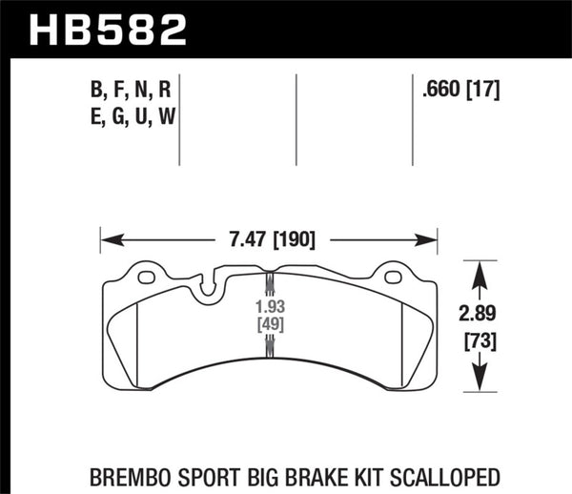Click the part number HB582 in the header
[107, 29]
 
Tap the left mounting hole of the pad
[147, 278]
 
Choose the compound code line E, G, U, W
[130, 117]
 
